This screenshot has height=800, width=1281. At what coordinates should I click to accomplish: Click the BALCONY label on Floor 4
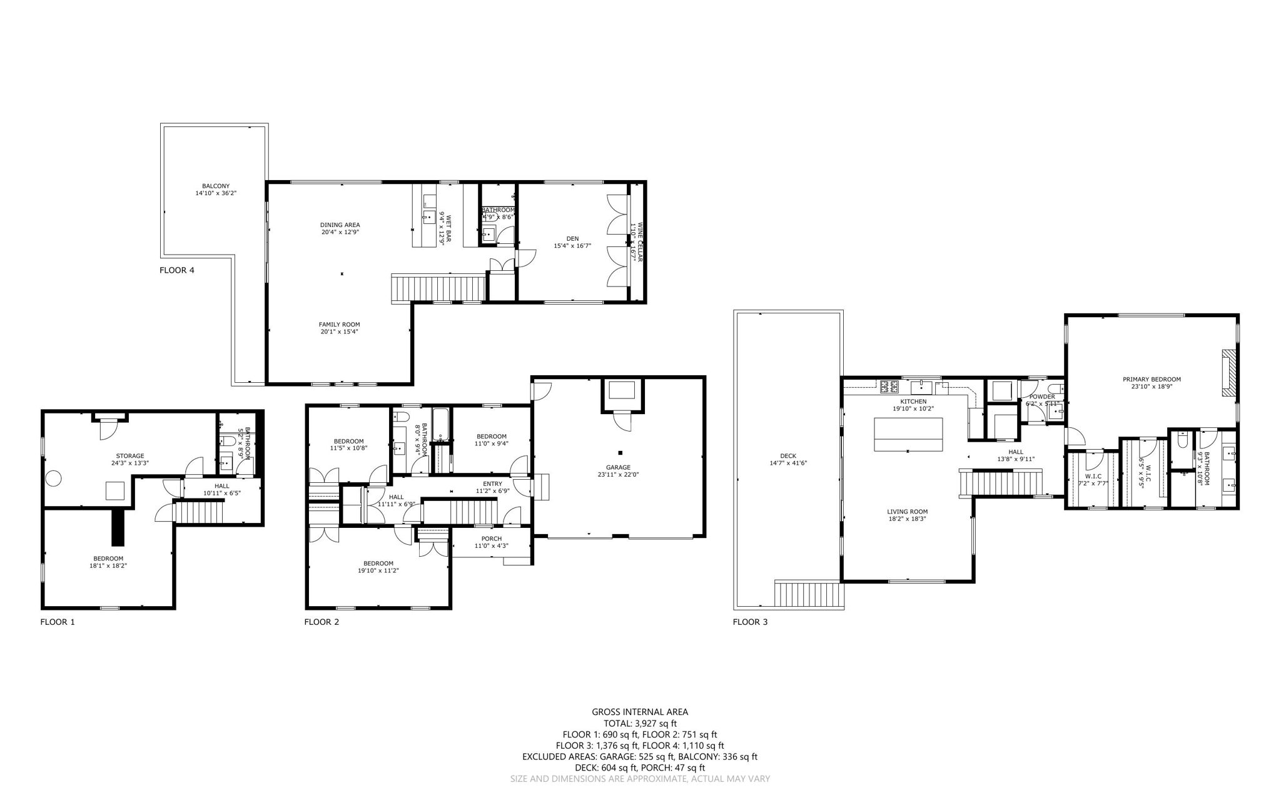215,186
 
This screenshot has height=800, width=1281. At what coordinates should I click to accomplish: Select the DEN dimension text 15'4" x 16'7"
572,246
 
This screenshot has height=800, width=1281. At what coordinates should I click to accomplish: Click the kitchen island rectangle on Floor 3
908,434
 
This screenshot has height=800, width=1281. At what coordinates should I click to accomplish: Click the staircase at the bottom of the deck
808,594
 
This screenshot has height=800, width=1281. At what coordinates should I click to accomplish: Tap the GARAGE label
617,467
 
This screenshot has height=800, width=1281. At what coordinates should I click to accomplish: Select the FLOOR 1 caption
58,622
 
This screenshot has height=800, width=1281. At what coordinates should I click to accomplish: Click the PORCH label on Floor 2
491,539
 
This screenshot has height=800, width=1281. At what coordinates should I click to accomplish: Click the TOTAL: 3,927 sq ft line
640,723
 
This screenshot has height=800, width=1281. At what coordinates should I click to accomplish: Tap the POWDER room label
1042,397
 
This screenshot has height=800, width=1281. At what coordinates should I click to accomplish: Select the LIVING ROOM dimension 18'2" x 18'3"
907,519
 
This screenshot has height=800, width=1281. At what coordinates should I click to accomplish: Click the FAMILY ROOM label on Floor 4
339,325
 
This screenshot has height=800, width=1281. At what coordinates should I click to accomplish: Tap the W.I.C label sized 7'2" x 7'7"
1093,476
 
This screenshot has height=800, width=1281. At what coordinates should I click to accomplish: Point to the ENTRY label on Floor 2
492,484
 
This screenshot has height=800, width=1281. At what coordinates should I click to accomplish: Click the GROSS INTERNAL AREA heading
640,712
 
